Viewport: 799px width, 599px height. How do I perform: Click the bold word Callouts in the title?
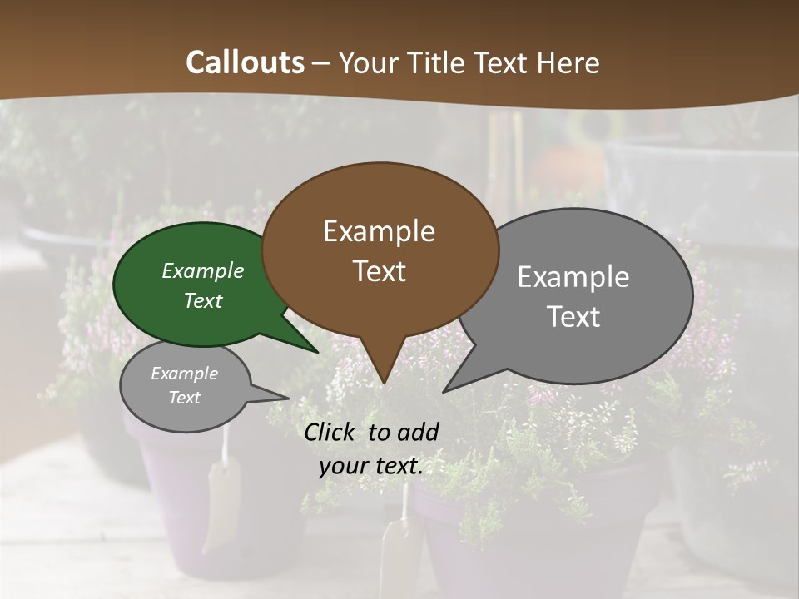245,62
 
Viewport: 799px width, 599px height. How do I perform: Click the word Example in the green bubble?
203,270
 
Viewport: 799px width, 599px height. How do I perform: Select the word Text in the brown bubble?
380,271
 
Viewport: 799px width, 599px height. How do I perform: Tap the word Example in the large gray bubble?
573,277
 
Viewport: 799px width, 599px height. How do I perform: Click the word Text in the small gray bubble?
185,398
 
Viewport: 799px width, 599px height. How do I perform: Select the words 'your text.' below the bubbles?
371,466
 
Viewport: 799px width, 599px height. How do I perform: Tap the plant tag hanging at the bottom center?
403,549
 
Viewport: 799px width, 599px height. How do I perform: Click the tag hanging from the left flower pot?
223,499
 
